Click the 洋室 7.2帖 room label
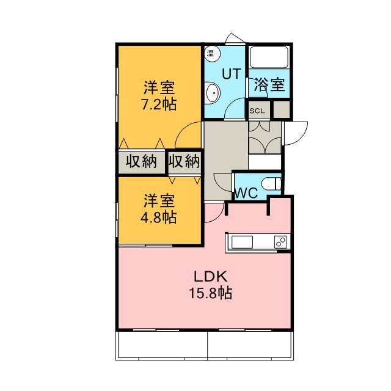pos(159,95)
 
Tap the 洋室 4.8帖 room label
pos(159,209)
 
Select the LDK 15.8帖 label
pos(211,285)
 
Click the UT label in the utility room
pos(232,73)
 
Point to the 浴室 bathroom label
pos(269,85)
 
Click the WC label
pos(246,193)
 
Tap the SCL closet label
pos(257,111)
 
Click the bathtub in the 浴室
pos(269,57)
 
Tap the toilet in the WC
pos(271,185)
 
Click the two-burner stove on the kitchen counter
pos(281,242)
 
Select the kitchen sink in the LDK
pos(242,242)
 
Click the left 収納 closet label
pos(141,161)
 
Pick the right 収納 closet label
pos(184,161)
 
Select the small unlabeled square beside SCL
pos(282,109)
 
